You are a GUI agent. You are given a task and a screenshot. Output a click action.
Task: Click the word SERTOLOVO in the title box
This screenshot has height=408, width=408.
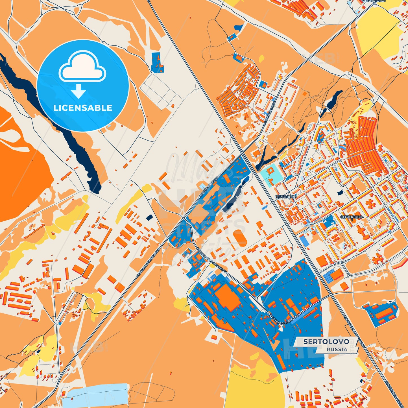[x=326, y=341]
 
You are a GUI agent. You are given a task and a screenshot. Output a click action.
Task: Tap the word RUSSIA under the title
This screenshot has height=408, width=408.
[x=337, y=349]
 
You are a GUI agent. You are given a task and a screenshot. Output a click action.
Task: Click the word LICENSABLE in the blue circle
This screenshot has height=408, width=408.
[x=83, y=108]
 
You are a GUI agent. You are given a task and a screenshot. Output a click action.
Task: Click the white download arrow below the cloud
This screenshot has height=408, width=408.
[x=78, y=91]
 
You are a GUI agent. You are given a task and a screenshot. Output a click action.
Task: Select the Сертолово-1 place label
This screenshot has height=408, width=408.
[x=352, y=217]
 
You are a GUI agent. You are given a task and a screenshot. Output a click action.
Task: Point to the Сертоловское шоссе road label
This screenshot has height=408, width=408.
[x=148, y=263]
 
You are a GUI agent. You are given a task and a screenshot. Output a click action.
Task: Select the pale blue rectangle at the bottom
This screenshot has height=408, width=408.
[x=95, y=394]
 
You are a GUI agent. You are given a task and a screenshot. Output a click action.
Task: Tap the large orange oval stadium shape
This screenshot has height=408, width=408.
[x=240, y=238]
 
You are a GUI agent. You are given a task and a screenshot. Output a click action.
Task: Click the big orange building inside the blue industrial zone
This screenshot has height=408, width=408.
[x=228, y=297]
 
